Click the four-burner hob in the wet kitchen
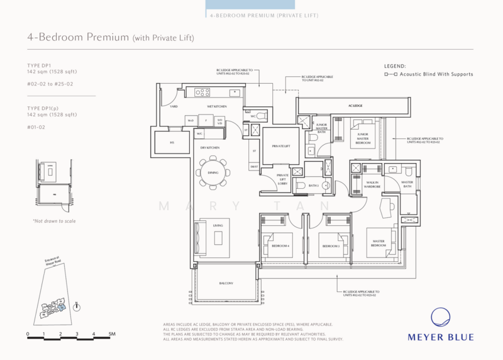coord(202,93)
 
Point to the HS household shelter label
coord(172,143)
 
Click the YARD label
coord(174,107)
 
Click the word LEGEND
coord(395,65)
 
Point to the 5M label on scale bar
coord(111,334)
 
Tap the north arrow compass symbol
coord(76,307)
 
